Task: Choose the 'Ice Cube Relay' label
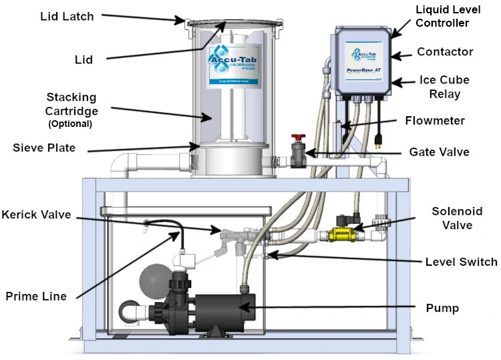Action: (x=445, y=87)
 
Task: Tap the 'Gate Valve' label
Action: (x=439, y=152)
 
